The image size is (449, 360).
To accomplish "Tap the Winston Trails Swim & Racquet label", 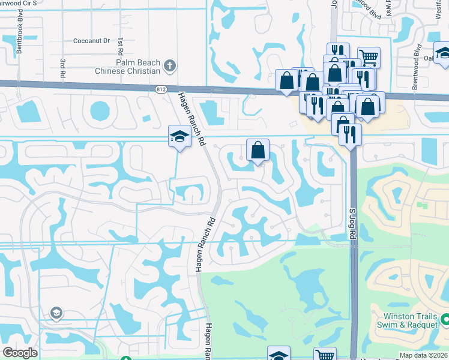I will coord(411,319).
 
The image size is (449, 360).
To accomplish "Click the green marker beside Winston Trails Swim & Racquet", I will coord(445,319).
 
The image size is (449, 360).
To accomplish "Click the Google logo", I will coord(20,353).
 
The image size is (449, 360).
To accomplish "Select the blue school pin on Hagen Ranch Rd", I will coord(179,137).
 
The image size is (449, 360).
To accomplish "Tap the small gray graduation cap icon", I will coord(56,312).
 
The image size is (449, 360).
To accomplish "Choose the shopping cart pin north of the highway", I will coord(369,57).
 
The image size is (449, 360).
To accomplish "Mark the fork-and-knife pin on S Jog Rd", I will coord(350,134).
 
